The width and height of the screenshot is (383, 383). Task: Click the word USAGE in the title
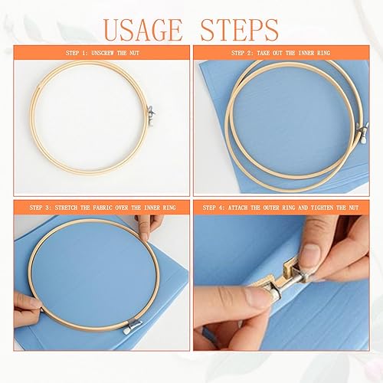click(x=143, y=31)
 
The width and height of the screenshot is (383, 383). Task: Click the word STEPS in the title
click(x=239, y=31)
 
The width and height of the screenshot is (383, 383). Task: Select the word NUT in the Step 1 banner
click(x=134, y=53)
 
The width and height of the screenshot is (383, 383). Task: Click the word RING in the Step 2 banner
click(x=324, y=53)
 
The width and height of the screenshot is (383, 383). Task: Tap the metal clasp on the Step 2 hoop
click(x=363, y=133)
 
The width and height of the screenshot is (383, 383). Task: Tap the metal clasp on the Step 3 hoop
click(x=132, y=327)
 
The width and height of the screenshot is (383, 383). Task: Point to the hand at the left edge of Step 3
click(x=26, y=309)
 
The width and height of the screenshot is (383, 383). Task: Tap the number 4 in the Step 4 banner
click(x=220, y=208)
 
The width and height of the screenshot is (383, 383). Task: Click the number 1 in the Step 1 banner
click(x=83, y=53)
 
